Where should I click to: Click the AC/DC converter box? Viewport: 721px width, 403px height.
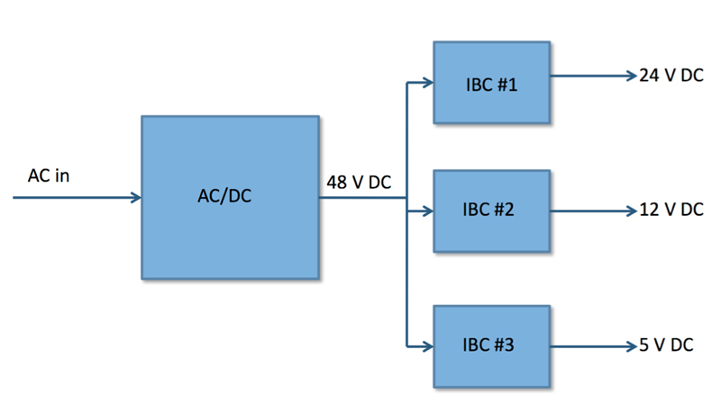click(231, 197)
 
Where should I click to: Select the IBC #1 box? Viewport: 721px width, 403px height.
click(491, 83)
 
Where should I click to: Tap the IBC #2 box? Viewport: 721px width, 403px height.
click(491, 211)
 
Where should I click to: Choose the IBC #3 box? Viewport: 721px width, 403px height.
click(491, 346)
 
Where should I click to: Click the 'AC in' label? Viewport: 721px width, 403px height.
click(49, 175)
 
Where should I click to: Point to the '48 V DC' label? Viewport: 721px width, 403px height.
click(359, 183)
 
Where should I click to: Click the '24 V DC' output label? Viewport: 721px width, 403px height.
click(671, 76)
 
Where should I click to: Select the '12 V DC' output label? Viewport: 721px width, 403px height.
click(671, 210)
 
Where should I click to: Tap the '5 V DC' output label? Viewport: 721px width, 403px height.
click(666, 345)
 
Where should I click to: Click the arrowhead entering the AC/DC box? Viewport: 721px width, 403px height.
click(137, 197)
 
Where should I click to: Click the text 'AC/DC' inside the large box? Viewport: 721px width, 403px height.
click(224, 196)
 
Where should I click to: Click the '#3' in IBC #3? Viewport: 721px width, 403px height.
click(504, 345)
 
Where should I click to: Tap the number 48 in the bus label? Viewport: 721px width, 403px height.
click(336, 183)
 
